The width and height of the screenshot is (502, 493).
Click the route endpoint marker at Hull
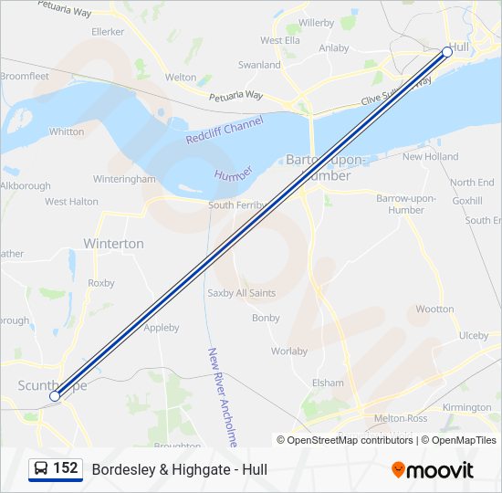click(447, 52)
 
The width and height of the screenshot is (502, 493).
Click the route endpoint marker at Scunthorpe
click(55, 395)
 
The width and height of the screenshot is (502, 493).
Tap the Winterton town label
click(113, 244)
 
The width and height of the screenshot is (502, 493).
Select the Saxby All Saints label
click(241, 293)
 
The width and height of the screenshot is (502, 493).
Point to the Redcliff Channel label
click(224, 131)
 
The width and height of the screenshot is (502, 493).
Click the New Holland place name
click(430, 157)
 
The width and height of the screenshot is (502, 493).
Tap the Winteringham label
click(124, 179)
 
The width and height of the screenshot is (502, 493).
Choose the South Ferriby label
click(235, 205)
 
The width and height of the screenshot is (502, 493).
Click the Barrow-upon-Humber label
click(406, 204)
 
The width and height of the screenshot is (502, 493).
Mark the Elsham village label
click(328, 383)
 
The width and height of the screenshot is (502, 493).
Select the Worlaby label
click(288, 351)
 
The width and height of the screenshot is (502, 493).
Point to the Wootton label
click(434, 309)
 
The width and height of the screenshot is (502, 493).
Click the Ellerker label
click(108, 30)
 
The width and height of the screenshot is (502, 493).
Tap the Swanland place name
click(259, 65)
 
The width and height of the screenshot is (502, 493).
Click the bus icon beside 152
click(41, 469)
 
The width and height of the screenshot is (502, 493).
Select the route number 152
click(65, 468)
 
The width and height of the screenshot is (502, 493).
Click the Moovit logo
click(433, 470)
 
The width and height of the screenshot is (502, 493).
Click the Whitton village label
click(67, 131)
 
